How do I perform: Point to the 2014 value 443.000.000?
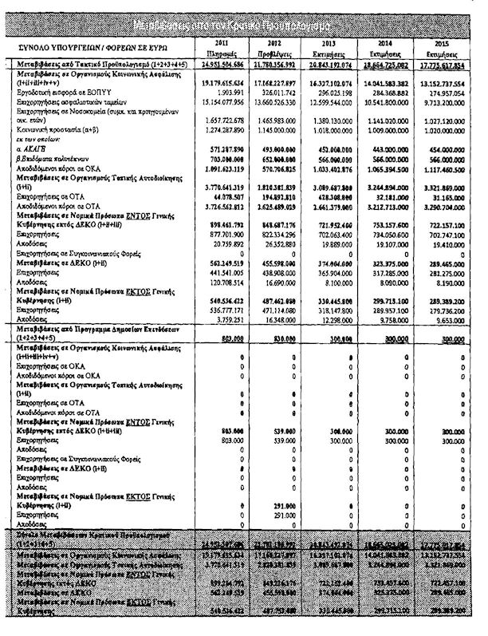click(x=396, y=149)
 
